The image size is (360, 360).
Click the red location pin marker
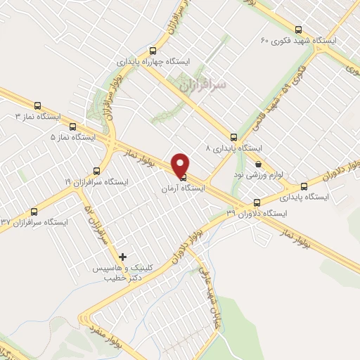click(x=181, y=165)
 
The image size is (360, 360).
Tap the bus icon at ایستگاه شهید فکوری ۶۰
click(x=298, y=30)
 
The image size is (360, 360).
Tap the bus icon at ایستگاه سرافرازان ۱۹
click(x=96, y=171)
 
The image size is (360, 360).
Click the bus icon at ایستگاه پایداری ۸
click(x=233, y=138)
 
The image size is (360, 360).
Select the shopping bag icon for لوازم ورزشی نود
click(x=259, y=163)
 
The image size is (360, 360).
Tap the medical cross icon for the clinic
click(x=123, y=257)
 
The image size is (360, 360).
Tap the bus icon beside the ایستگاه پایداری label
click(x=304, y=186)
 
